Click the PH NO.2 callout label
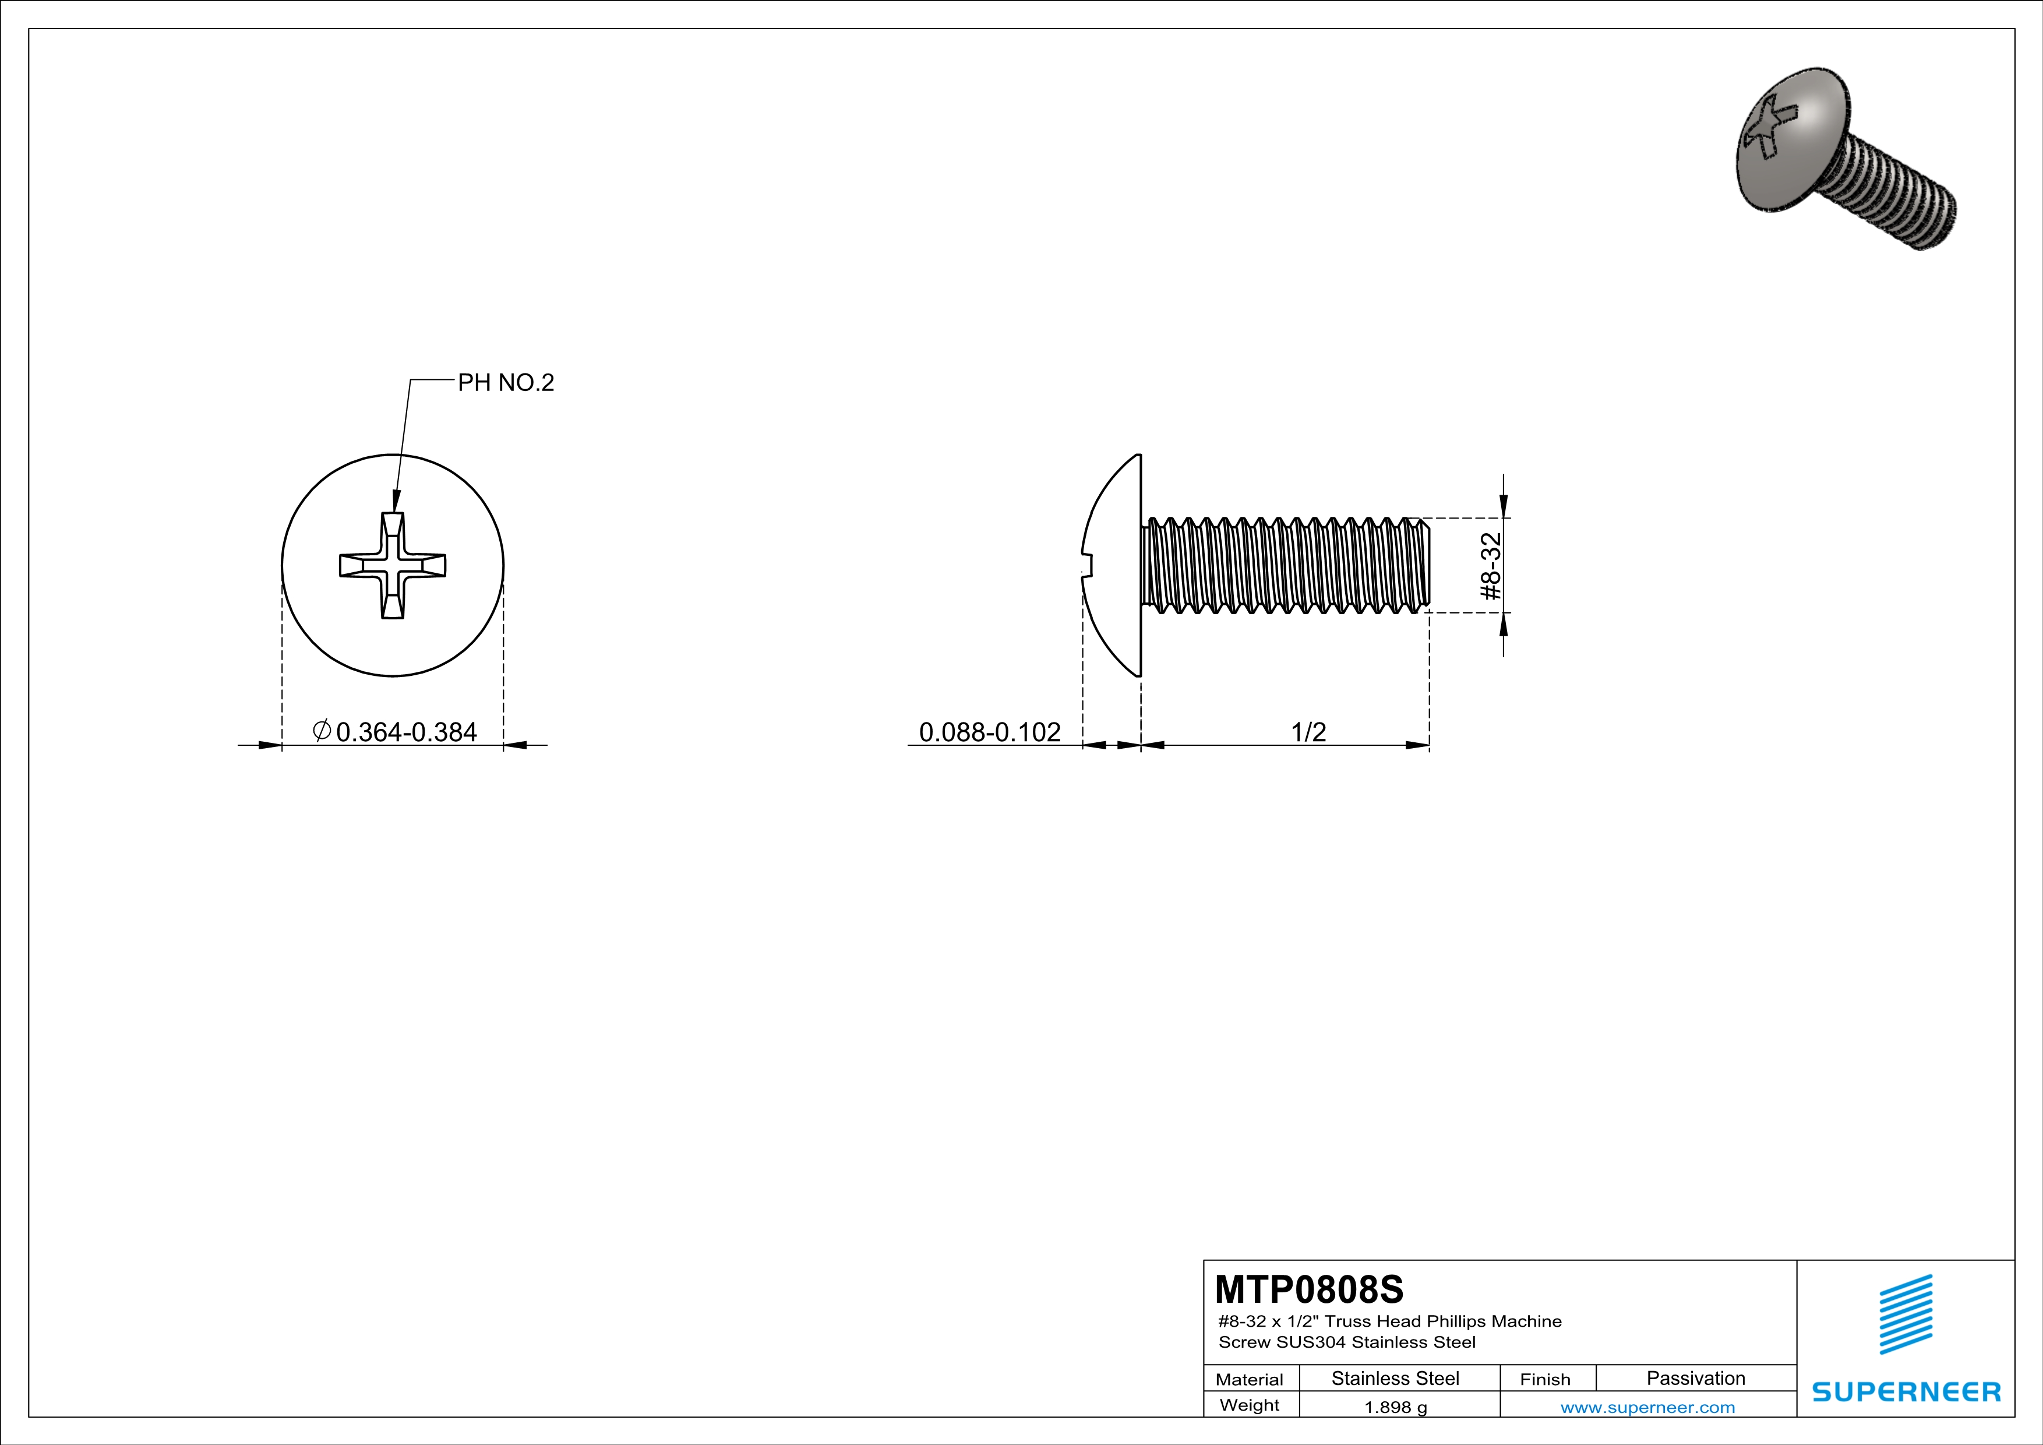point(506,383)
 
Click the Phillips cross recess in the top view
point(393,566)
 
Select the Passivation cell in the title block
point(1695,1378)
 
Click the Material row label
point(1250,1379)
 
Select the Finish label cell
point(1545,1379)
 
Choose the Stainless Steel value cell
point(1395,1378)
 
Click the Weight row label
point(1250,1405)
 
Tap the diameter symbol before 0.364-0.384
point(322,731)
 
